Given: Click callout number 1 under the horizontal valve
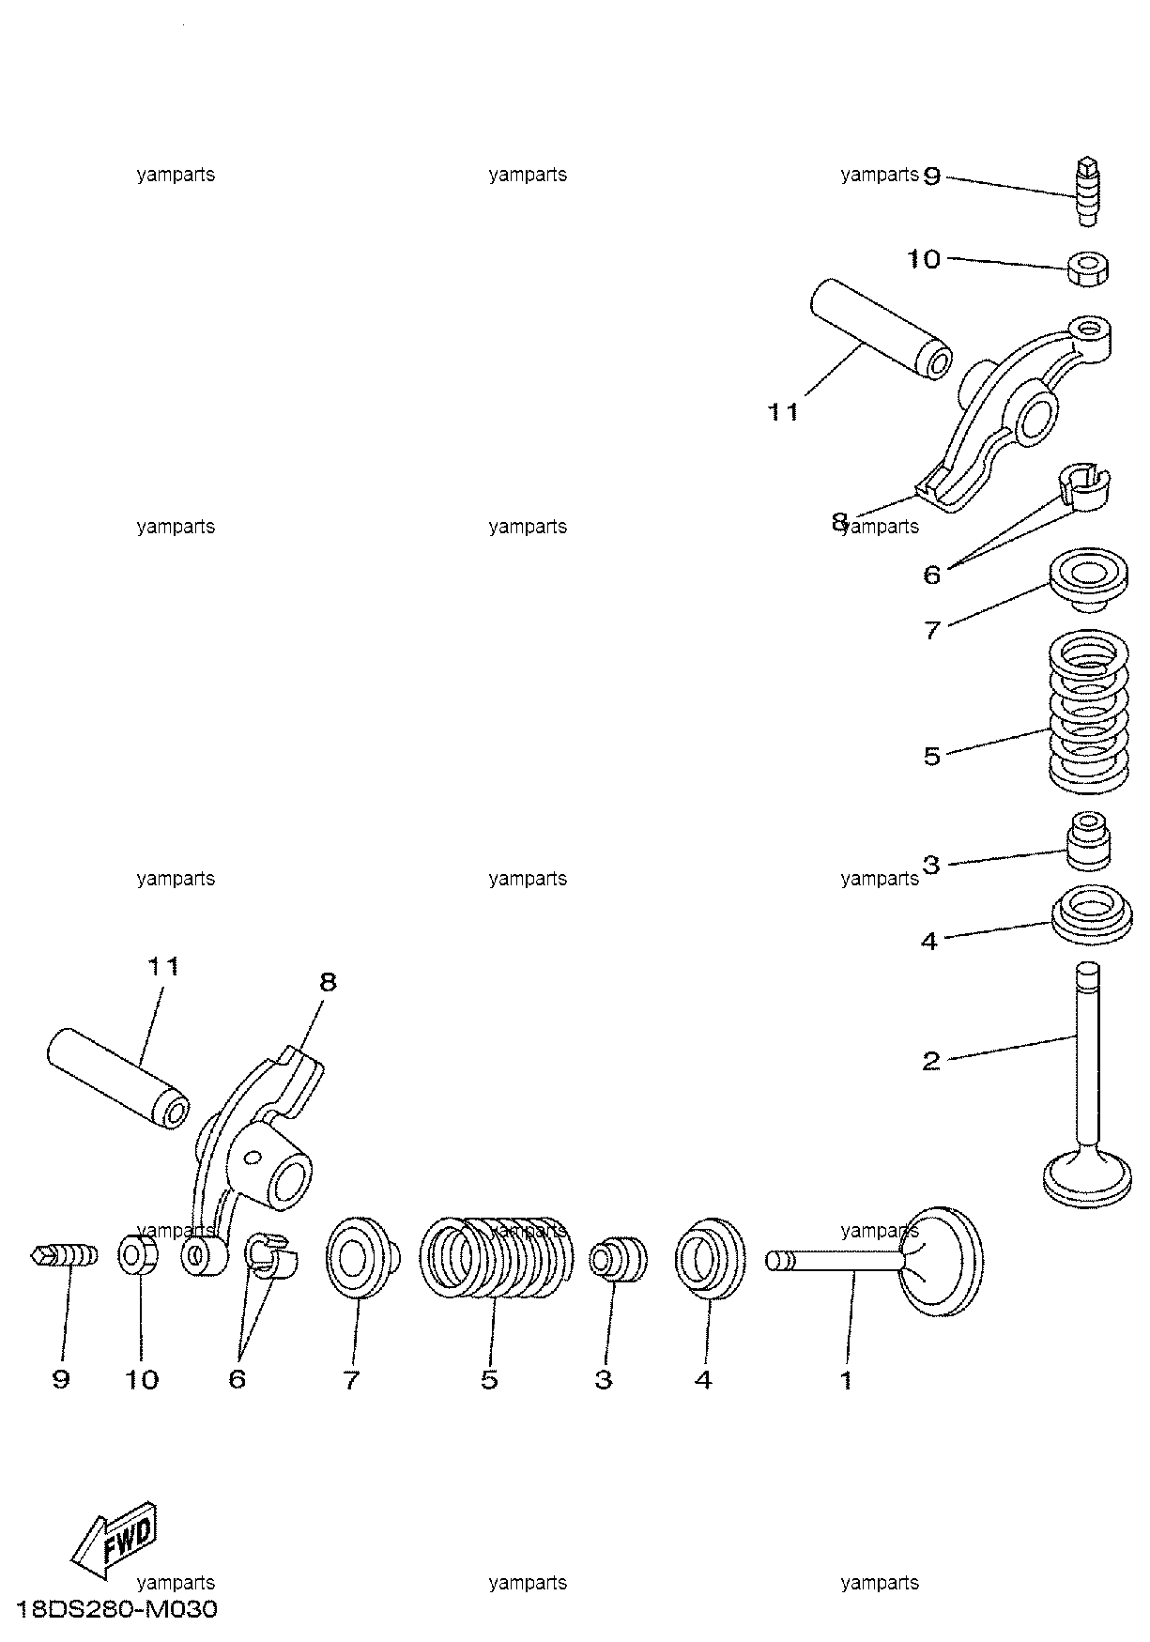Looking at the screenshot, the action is click(846, 1380).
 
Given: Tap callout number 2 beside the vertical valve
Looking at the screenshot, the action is click(931, 1061).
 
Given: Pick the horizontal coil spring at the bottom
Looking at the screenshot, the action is click(495, 1257).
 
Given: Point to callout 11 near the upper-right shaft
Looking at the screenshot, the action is click(783, 411).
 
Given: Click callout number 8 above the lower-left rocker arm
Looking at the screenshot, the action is click(328, 982).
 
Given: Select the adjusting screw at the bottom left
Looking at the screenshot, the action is click(65, 1254).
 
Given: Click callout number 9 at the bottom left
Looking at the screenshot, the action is click(61, 1380).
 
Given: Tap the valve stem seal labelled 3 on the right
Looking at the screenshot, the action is click(1089, 840).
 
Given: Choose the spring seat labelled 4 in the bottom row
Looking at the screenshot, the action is click(710, 1257).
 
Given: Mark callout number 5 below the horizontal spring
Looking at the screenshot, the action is click(489, 1380).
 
